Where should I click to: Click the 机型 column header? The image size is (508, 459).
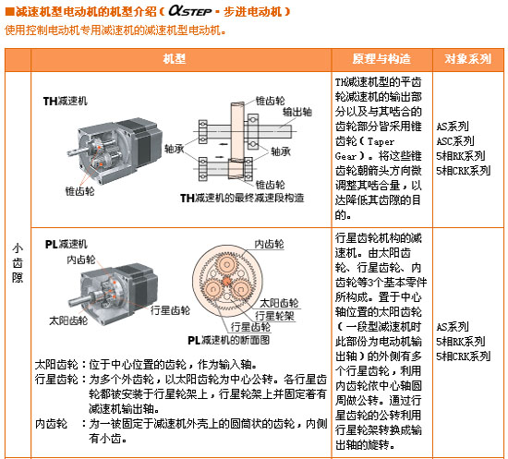pyautogui.click(x=175, y=59)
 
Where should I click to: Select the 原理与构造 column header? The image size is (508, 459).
pyautogui.click(x=381, y=59)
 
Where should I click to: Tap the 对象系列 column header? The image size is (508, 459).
pyautogui.click(x=468, y=59)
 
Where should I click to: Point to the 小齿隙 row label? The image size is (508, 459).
pyautogui.click(x=18, y=263)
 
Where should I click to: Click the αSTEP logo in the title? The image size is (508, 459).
pyautogui.click(x=190, y=11)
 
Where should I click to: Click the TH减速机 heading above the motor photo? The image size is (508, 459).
pyautogui.click(x=66, y=101)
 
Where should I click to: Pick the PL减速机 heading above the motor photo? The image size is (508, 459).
pyautogui.click(x=67, y=244)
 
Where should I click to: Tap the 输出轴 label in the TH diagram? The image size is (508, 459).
pyautogui.click(x=297, y=112)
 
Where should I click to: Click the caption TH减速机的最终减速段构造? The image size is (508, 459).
pyautogui.click(x=242, y=198)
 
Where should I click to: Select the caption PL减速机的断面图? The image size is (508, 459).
pyautogui.click(x=229, y=340)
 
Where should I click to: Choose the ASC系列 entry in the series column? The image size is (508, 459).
pyautogui.click(x=455, y=141)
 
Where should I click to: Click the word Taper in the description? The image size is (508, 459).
pyautogui.click(x=381, y=141)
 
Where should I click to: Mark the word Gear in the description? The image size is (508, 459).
pyautogui.click(x=345, y=156)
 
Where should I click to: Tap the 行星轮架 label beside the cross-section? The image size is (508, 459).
pyautogui.click(x=274, y=316)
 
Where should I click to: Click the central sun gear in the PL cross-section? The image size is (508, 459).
pyautogui.click(x=227, y=281)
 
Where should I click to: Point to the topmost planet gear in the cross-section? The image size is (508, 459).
pyautogui.click(x=227, y=264)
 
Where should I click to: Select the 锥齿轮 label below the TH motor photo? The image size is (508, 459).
pyautogui.click(x=79, y=191)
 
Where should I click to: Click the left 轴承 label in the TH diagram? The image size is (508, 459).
pyautogui.click(x=174, y=149)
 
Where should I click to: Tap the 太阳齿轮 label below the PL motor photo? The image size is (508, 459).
pyautogui.click(x=68, y=320)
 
